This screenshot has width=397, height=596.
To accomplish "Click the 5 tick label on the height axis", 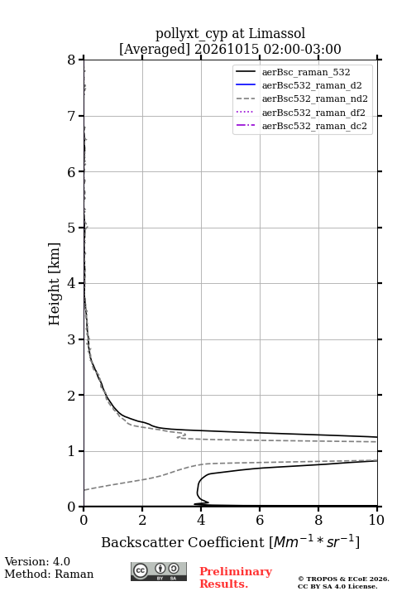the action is [72, 228].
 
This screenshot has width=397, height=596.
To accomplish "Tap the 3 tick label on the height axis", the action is [72, 339].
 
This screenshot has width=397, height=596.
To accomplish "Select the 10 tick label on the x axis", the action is [376, 520].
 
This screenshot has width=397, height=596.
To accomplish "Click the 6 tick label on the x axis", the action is [260, 520].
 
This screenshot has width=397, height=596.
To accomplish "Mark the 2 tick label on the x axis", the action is [142, 520].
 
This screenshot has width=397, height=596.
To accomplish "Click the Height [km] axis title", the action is [55, 284].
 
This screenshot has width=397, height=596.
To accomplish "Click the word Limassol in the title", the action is [276, 34].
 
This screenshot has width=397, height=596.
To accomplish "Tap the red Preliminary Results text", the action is [236, 578].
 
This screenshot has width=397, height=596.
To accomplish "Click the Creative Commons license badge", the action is [159, 571].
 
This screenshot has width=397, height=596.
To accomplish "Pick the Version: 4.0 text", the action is [37, 561].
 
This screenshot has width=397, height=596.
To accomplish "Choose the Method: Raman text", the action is [49, 574].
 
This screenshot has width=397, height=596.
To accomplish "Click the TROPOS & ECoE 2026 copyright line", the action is [343, 579].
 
